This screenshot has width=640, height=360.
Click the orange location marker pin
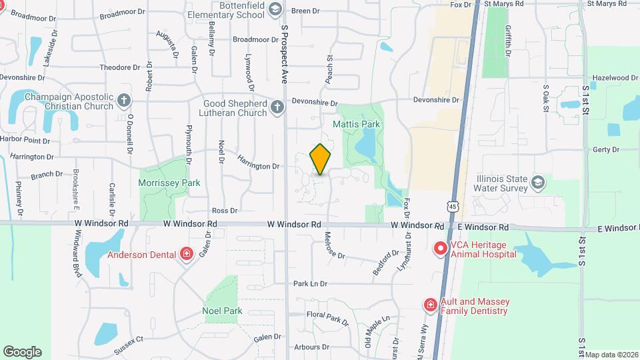(x=320, y=159)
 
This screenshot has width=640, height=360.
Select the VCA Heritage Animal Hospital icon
(x=440, y=249)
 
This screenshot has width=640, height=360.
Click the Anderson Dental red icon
(x=187, y=253)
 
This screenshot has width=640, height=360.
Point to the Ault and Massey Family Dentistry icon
(x=431, y=305)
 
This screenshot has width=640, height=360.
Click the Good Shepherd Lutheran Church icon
(x=277, y=107)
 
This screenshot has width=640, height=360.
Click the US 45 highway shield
(x=453, y=207)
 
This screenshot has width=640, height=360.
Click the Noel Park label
(x=222, y=311)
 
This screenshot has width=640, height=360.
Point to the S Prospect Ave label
(x=284, y=54)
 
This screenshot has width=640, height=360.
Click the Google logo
(x=22, y=352)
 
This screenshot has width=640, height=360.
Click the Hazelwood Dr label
(x=615, y=78)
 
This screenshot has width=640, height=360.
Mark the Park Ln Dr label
(x=310, y=283)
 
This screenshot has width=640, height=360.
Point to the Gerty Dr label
(x=605, y=150)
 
